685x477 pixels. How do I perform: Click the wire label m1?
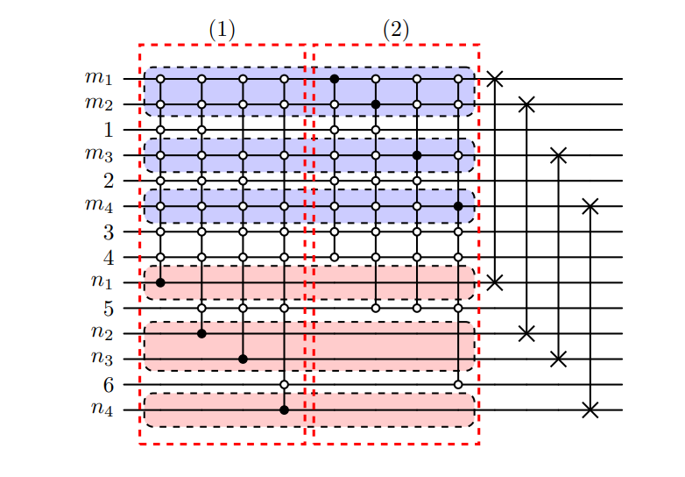coord(99,78)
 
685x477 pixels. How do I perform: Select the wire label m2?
coord(99,103)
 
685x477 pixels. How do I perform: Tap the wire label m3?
coord(99,154)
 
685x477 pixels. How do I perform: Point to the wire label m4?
coord(99,205)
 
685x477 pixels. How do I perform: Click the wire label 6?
coord(108,383)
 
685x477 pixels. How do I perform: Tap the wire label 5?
coord(108,308)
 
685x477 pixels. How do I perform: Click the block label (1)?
coord(222,29)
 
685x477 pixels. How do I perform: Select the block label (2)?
coord(396,29)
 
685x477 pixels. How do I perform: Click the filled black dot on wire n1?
coord(160,282)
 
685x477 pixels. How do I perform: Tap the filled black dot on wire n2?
coord(201,333)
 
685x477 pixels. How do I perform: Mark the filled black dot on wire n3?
coord(243,359)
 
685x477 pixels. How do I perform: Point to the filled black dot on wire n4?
coord(284,409)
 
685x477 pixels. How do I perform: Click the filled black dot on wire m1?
coord(335,79)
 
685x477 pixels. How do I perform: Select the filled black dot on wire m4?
coord(458,206)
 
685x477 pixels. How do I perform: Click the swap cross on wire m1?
coord(495,79)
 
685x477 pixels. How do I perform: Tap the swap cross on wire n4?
coord(590,409)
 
